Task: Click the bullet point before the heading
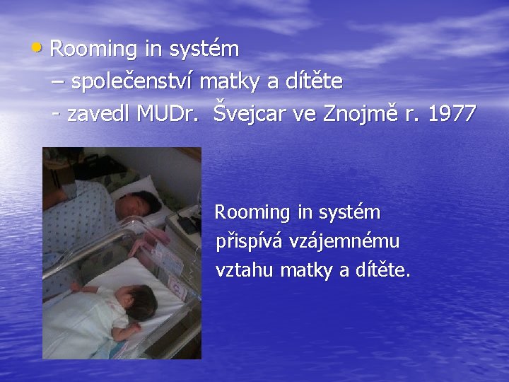(38, 48)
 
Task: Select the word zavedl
(100, 113)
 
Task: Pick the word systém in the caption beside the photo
(349, 213)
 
